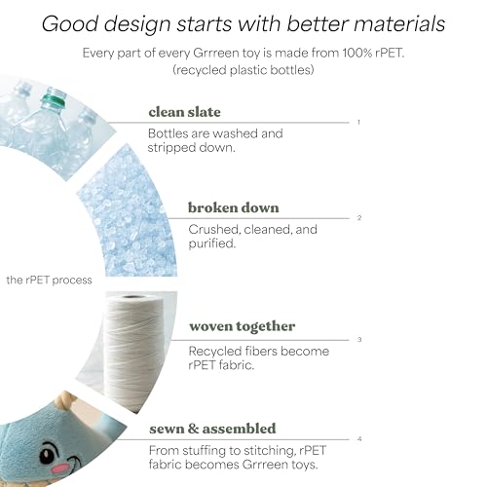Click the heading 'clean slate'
coord(184,112)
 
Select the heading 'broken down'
coord(234,207)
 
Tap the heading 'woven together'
coord(243,326)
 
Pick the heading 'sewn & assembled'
coord(212,429)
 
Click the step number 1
coord(358,122)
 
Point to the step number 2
coord(359,218)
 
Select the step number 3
coord(359,340)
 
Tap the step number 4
coord(359,439)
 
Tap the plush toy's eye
coord(48,454)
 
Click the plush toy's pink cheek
coord(60,468)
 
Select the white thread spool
coord(133,351)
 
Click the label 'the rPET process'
coord(49,280)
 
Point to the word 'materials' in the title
coord(399,23)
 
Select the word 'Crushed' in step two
coord(214,230)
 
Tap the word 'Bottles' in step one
coord(168,133)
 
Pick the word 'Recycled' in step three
coord(215,352)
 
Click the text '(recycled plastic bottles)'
coord(243,70)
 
